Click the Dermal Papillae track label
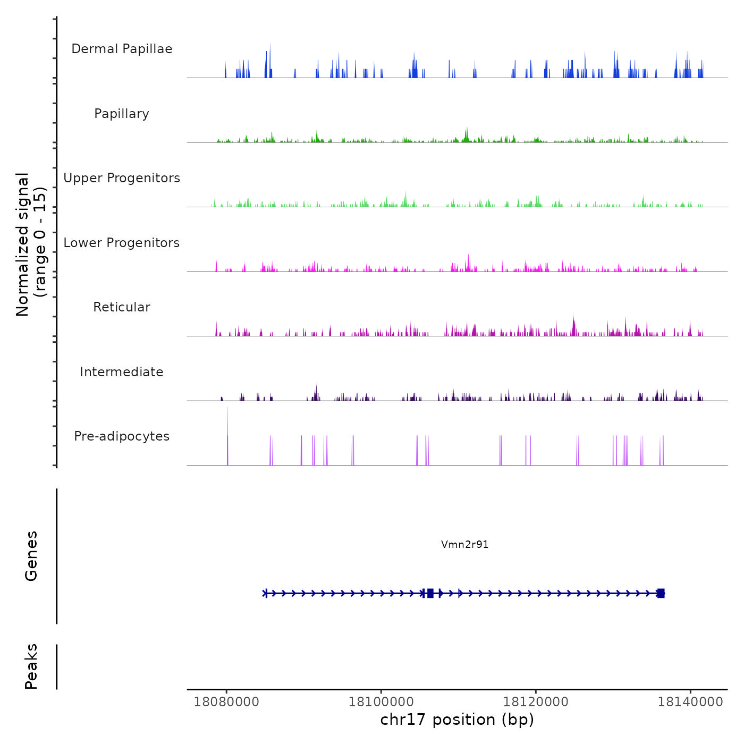(122, 49)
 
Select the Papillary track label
(122, 114)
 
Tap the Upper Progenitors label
(122, 178)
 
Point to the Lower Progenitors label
(122, 243)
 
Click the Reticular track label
(122, 307)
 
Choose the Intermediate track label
(122, 372)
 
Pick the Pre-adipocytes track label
(122, 436)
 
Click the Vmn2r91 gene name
(464, 544)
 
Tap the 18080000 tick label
(226, 701)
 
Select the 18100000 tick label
(381, 701)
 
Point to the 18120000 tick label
(536, 701)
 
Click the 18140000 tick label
(690, 701)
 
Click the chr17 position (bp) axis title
(457, 720)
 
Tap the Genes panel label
(31, 556)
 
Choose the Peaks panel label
(31, 666)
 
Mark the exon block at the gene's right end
(661, 593)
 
